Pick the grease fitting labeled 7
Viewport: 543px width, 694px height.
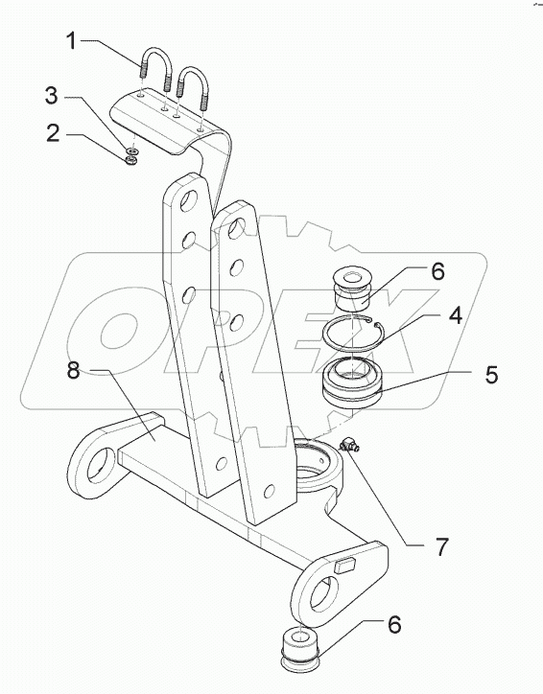(346, 446)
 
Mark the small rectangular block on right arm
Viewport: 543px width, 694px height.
(345, 567)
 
